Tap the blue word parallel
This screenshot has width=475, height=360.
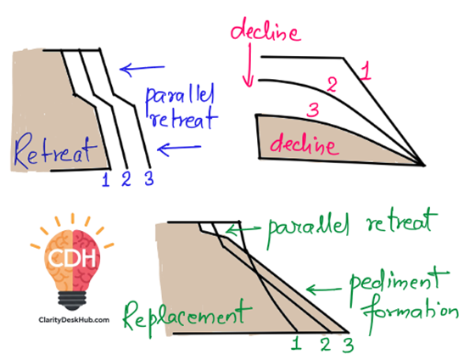point(180,96)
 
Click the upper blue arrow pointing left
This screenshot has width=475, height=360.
point(142,69)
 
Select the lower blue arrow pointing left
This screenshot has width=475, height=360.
point(179,149)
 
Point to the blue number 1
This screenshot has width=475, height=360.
point(105,179)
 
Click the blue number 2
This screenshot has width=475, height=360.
point(126,178)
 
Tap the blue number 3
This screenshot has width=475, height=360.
point(149,178)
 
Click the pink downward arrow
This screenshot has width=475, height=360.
point(249,65)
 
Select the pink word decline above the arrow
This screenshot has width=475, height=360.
point(265,32)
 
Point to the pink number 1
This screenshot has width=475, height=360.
point(366,71)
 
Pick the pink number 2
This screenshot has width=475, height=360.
point(332,85)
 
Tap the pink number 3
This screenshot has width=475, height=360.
point(313,110)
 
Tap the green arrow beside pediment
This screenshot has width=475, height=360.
point(323,290)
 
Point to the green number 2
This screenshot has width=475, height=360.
point(326,345)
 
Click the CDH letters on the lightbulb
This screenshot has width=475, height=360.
point(72,258)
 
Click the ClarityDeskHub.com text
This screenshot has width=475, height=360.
point(74,319)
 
